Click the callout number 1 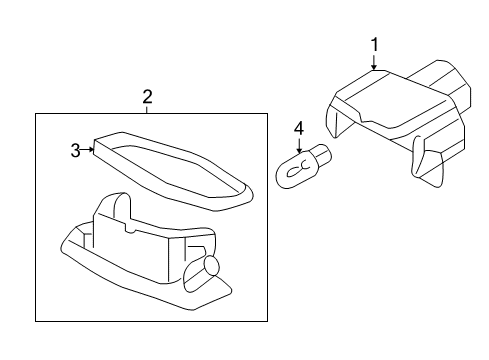tap(375, 44)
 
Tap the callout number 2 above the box tap(147, 97)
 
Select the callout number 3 tap(75, 150)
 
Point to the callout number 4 tap(297, 129)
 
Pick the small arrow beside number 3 tap(91, 150)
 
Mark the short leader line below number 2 tap(147, 110)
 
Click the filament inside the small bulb tap(293, 171)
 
